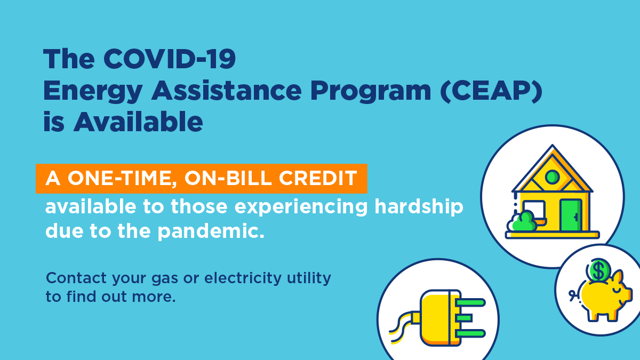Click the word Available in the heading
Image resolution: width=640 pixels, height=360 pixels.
[138, 122]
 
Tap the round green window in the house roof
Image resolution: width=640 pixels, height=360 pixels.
[552, 177]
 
